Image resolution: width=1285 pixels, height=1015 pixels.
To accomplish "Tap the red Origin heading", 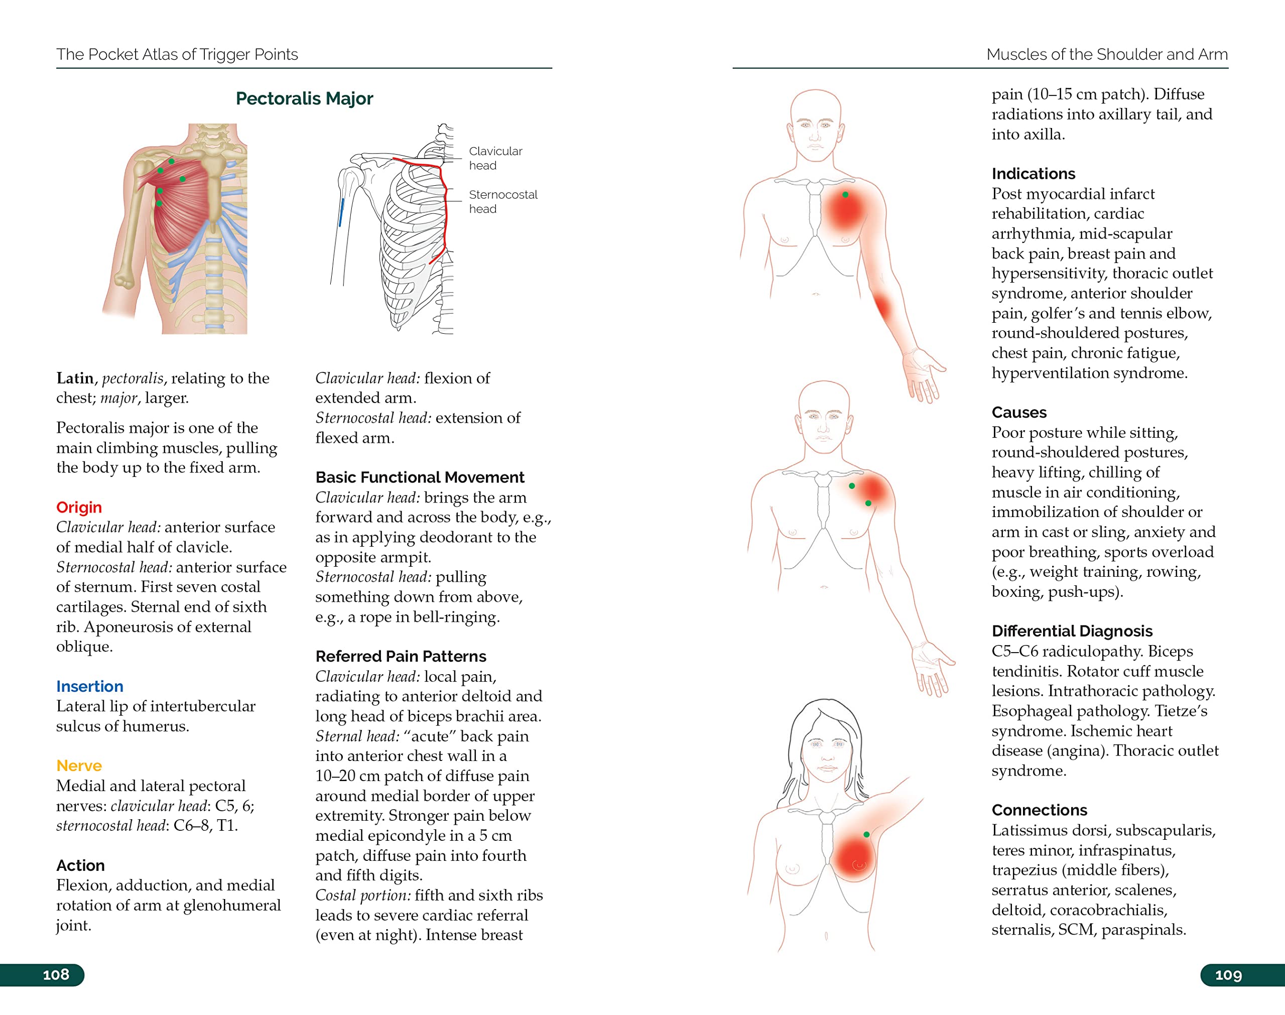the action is (79, 507).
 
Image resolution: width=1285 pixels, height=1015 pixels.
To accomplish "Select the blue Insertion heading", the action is (90, 686).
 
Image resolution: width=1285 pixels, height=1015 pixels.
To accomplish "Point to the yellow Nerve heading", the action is (79, 766).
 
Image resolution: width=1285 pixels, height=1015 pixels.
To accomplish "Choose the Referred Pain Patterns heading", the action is (401, 656).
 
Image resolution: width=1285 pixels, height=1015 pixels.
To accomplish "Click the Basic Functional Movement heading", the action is (420, 477).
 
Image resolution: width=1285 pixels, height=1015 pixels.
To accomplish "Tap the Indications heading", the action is (1033, 174).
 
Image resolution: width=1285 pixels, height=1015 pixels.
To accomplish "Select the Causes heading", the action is (1019, 413).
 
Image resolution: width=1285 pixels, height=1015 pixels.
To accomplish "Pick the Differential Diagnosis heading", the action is (1072, 631).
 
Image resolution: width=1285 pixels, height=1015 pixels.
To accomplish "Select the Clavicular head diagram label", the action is (495, 158).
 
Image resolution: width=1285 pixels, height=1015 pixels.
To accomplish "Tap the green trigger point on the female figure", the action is (866, 834).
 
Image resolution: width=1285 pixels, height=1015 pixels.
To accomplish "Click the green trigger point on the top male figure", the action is (845, 194).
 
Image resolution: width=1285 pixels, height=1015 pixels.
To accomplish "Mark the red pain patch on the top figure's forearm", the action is (883, 307).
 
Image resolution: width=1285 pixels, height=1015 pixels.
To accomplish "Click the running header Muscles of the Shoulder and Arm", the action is (1107, 54).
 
